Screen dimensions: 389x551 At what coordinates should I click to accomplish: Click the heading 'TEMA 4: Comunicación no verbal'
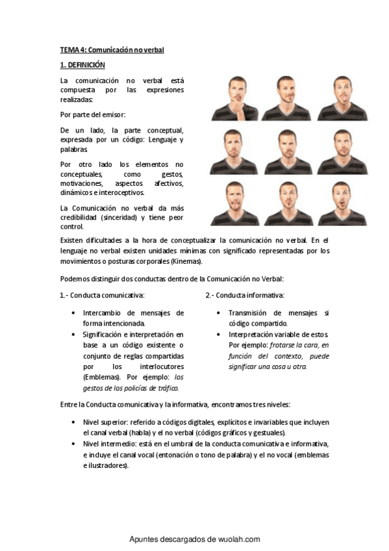click(112, 49)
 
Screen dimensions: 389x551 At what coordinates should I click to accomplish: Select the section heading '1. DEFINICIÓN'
click(82, 66)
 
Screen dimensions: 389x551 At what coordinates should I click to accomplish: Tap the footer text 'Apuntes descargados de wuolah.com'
click(195, 539)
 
